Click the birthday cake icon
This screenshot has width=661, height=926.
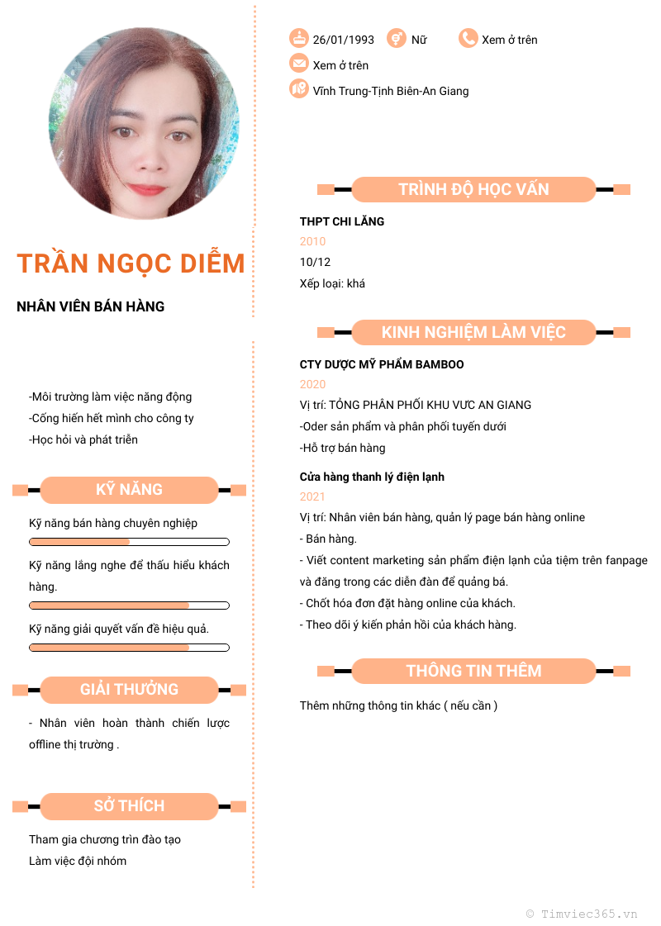coord(298,38)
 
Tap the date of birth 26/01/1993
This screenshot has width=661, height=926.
coord(343,40)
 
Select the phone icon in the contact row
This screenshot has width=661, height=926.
coord(468,38)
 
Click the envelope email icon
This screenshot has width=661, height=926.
coord(298,64)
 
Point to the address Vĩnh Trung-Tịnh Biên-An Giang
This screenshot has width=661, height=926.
coord(390,91)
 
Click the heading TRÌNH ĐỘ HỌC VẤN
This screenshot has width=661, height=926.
coord(473,189)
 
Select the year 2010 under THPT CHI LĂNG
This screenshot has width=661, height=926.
coord(312,241)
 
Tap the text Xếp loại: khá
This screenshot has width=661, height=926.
coord(332,283)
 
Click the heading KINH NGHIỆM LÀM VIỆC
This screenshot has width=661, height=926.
coord(473,332)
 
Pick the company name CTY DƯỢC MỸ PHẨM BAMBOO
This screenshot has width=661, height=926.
coord(382,364)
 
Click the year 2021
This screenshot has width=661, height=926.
coord(312,496)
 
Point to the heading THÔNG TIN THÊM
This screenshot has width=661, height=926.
coord(473,671)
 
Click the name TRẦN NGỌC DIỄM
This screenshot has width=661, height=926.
coord(131,264)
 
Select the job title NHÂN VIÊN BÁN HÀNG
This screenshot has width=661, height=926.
coord(91,306)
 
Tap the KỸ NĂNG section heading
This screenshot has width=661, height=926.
coord(129,490)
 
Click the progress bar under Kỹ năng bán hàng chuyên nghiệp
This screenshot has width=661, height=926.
coord(129,542)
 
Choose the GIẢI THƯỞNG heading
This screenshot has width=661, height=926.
coord(129,690)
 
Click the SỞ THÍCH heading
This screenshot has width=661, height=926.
coord(129,806)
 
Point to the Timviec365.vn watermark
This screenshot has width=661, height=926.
coord(582,914)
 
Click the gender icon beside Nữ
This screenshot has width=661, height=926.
coord(397,38)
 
